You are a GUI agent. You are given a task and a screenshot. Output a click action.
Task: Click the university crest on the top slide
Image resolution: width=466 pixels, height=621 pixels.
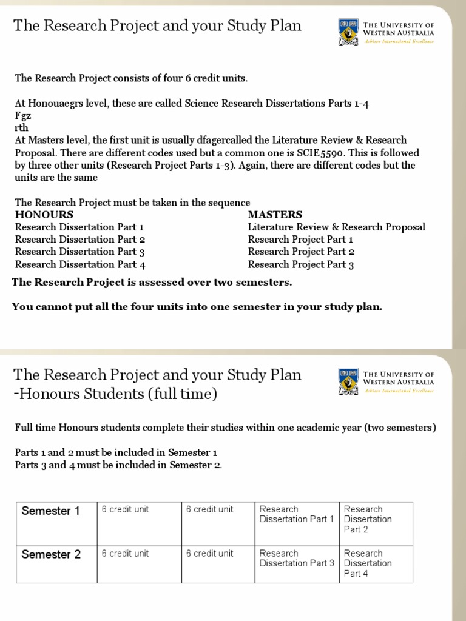tap(348, 32)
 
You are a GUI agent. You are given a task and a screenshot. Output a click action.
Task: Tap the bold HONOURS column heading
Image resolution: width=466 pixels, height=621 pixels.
tap(44, 215)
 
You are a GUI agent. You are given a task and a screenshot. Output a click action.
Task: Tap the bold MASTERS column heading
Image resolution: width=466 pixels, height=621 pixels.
tap(275, 215)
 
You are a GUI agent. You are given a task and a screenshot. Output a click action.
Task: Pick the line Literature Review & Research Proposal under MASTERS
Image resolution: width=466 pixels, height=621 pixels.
tap(336, 227)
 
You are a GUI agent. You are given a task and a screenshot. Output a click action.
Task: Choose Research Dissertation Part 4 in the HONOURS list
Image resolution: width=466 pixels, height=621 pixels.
tap(80, 264)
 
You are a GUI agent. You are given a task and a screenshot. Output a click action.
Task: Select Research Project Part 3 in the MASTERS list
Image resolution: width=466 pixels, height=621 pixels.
tap(301, 264)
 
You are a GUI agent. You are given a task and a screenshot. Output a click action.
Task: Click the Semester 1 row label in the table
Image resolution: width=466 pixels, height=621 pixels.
tap(50, 511)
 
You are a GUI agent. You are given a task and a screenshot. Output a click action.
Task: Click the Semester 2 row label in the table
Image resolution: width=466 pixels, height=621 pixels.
tap(51, 554)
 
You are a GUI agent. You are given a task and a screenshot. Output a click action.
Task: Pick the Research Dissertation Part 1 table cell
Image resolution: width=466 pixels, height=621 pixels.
tap(297, 514)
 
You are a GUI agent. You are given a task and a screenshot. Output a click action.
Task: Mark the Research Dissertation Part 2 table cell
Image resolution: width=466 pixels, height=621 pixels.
tap(368, 519)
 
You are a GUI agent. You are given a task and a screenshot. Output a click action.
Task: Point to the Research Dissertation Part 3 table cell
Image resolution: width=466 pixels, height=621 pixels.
tap(297, 558)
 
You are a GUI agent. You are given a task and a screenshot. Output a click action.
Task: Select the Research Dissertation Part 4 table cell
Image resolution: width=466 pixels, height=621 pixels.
tap(368, 563)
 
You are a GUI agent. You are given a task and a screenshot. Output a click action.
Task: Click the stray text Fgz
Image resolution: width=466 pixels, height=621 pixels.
tap(22, 115)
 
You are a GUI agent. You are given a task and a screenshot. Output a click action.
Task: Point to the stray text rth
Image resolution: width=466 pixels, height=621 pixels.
tap(21, 128)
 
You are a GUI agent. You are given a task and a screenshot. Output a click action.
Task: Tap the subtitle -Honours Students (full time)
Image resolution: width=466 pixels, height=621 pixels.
tap(115, 394)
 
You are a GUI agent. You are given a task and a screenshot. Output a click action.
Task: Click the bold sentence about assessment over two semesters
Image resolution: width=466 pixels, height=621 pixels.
tap(152, 282)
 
